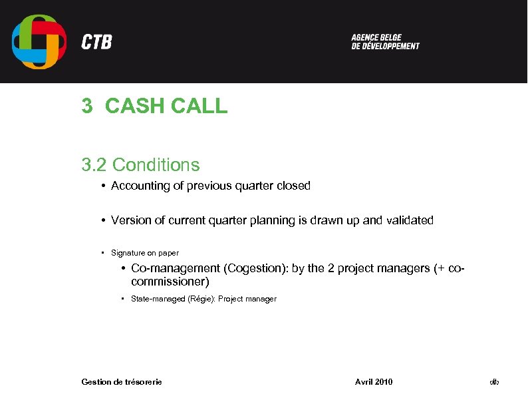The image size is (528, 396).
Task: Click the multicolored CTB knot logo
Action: [x=39, y=41]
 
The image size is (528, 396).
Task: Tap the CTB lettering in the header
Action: [x=96, y=42]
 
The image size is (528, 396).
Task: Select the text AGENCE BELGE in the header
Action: [x=376, y=37]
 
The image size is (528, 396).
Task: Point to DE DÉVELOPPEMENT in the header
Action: [x=386, y=47]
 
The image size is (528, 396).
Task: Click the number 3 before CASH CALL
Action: [x=86, y=106]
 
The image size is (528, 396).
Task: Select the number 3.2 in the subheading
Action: [x=94, y=164]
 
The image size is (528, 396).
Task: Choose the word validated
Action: [x=409, y=220]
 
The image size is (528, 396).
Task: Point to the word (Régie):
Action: [x=198, y=299]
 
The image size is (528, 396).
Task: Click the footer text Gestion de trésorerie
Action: [x=121, y=381]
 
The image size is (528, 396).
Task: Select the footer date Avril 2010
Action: [x=374, y=381]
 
